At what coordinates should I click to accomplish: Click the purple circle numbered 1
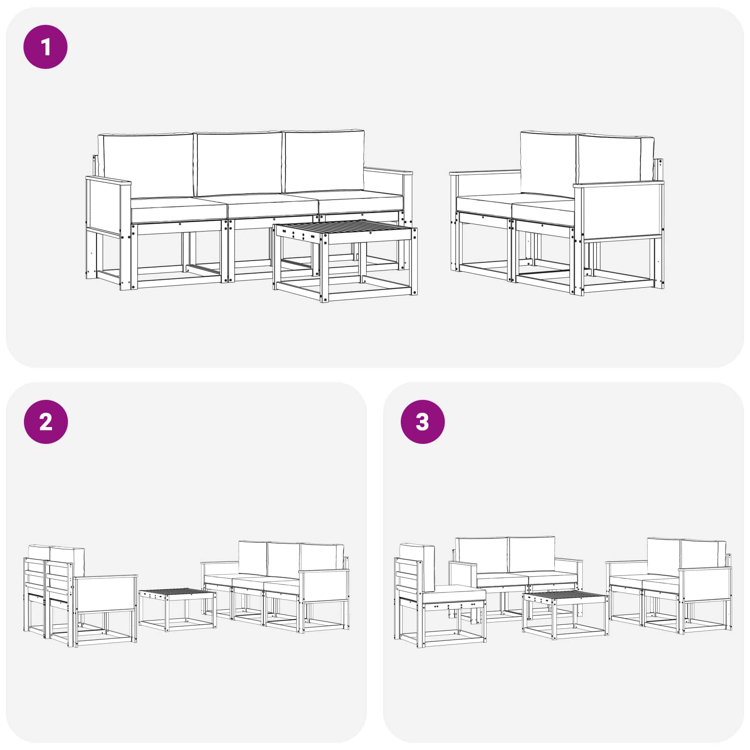coord(45,47)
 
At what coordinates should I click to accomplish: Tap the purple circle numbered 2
coord(45,422)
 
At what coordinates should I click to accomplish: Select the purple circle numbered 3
coord(422,422)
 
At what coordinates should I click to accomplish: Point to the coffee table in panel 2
coord(178,609)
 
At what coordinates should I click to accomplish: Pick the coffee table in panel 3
coord(565,614)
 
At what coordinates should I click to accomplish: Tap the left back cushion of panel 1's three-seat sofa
coord(147,165)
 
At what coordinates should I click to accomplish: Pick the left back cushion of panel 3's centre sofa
coord(481,555)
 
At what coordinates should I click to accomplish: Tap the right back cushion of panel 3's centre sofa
coord(532,555)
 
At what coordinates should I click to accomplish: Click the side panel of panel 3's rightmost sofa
coord(705,584)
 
